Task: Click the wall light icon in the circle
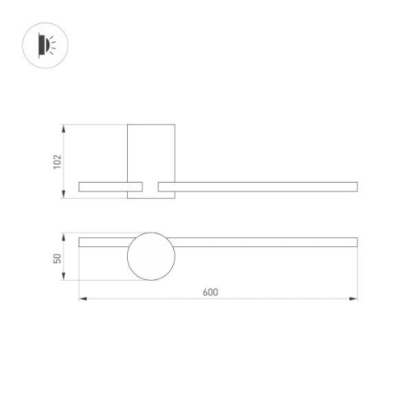click(x=44, y=44)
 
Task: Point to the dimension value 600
click(x=209, y=293)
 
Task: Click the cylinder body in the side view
click(x=151, y=152)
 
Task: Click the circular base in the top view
click(x=151, y=257)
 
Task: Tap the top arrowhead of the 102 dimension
click(x=64, y=128)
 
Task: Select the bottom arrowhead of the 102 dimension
click(x=64, y=195)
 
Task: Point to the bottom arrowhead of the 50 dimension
click(x=64, y=279)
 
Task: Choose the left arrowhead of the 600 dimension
click(x=82, y=298)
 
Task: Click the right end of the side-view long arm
click(x=355, y=186)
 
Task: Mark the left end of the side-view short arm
click(x=79, y=186)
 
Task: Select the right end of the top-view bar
click(x=355, y=242)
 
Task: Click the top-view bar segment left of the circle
click(x=103, y=242)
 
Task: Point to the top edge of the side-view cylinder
click(x=151, y=125)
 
